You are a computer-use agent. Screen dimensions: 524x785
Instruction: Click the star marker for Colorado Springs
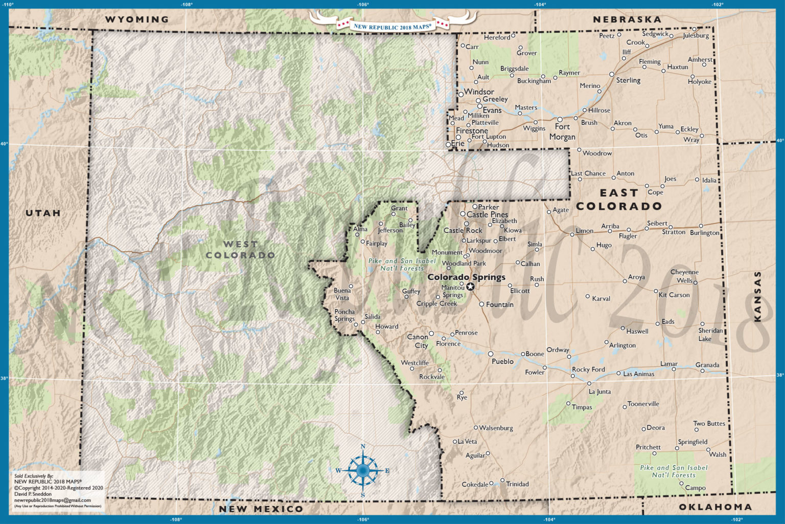pos(470,287)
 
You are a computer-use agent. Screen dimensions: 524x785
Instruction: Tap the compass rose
pos(363,470)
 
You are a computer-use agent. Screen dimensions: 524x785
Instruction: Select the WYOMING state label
pos(136,19)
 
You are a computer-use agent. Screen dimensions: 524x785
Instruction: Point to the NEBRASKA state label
pos(627,19)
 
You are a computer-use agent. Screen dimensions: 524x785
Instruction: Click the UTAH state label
pos(43,213)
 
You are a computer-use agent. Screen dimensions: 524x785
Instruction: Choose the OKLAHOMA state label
pos(715,507)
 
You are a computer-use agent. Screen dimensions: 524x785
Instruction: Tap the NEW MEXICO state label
pos(261,509)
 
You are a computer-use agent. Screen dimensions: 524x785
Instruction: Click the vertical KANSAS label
pos(757,296)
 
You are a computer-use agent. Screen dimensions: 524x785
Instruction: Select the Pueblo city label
pos(502,361)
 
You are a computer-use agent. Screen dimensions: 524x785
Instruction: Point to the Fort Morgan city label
pos(562,132)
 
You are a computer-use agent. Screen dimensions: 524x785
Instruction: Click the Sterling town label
pos(628,80)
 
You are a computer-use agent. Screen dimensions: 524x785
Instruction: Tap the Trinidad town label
pos(517,484)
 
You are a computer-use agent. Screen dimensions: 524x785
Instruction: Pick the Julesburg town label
pos(696,36)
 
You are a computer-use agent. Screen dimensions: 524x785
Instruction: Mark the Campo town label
pos(695,488)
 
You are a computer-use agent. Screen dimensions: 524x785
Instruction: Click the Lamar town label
pos(668,364)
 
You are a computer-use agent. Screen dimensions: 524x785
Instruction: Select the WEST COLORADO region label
pos(240,250)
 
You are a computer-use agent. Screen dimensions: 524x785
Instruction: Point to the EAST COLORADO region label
pos(619,200)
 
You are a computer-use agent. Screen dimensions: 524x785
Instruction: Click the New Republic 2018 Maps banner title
pos(392,26)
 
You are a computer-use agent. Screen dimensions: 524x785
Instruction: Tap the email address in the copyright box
pos(52,500)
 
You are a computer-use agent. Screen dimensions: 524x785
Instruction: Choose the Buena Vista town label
pos(342,294)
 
